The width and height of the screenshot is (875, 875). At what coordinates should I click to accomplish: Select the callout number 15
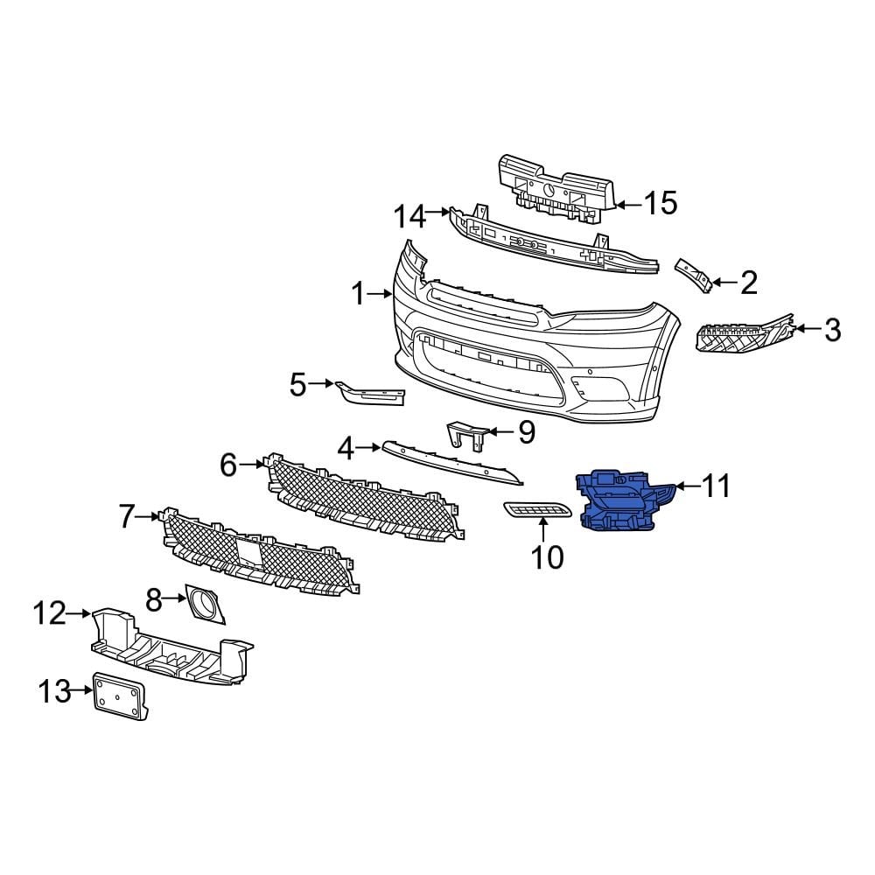[x=660, y=204]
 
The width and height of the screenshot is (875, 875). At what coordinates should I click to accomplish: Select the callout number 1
[x=357, y=295]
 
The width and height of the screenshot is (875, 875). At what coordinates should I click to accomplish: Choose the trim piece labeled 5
[x=374, y=394]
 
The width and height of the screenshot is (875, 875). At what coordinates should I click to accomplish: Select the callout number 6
[x=228, y=465]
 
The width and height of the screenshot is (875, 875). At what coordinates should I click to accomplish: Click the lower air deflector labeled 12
[x=171, y=646]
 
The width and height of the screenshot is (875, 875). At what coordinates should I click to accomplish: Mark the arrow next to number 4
[x=369, y=448]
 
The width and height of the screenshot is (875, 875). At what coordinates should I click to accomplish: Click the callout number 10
[x=548, y=556]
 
